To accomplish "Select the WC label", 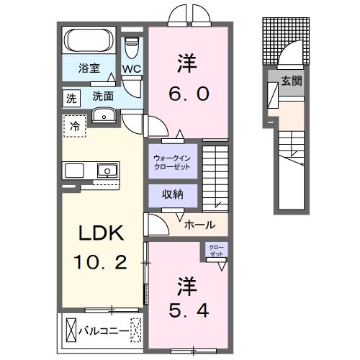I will (x=130, y=69).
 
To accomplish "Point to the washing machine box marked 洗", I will (x=71, y=97).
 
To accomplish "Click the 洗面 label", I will (x=103, y=95).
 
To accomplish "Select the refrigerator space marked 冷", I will (x=75, y=126).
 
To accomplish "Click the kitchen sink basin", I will (x=107, y=171).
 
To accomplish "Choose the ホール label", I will (x=199, y=225).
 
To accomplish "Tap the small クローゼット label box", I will (x=216, y=250).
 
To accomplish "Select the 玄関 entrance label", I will (x=292, y=81).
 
